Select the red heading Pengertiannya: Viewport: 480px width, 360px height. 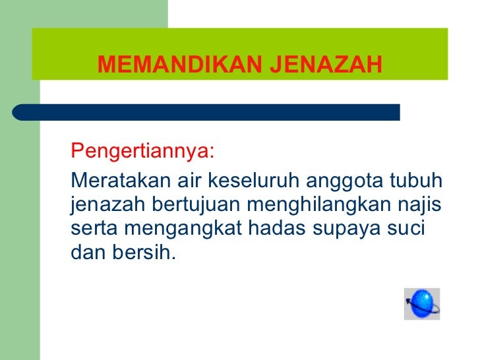(x=142, y=151)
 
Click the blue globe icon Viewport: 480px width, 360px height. (x=422, y=304)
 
